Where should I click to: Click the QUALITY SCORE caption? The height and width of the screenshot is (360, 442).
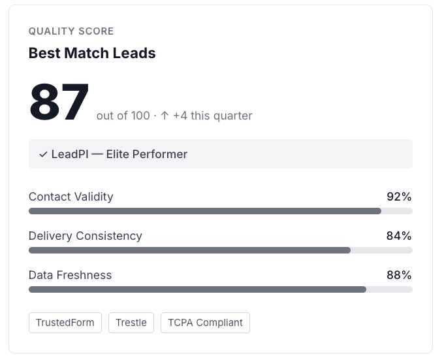[x=71, y=31]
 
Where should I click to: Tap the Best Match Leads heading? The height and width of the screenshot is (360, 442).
[x=92, y=53]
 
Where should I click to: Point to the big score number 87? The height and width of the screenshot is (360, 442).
[x=59, y=102]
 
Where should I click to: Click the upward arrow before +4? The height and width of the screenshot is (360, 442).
[x=165, y=116]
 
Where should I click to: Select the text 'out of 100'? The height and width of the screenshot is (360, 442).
[x=123, y=116]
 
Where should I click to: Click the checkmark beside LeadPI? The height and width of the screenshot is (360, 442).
[x=43, y=154]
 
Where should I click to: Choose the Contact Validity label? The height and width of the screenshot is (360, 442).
[x=71, y=197]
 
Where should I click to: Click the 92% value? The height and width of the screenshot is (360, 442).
[x=399, y=197]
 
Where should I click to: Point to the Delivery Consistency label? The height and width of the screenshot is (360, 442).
[x=86, y=236]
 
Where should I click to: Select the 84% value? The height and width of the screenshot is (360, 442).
[x=399, y=236]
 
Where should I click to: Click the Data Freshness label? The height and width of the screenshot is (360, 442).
[x=71, y=275]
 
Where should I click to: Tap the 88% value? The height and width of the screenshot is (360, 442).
[x=399, y=275]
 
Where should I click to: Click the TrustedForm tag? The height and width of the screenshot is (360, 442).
[x=65, y=323]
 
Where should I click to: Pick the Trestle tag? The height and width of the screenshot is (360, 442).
[x=131, y=323]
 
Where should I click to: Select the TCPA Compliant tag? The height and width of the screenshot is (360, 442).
[x=205, y=323]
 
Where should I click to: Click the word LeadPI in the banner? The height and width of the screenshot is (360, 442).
[x=70, y=154]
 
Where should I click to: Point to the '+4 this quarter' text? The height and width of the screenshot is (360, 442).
[x=213, y=116]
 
